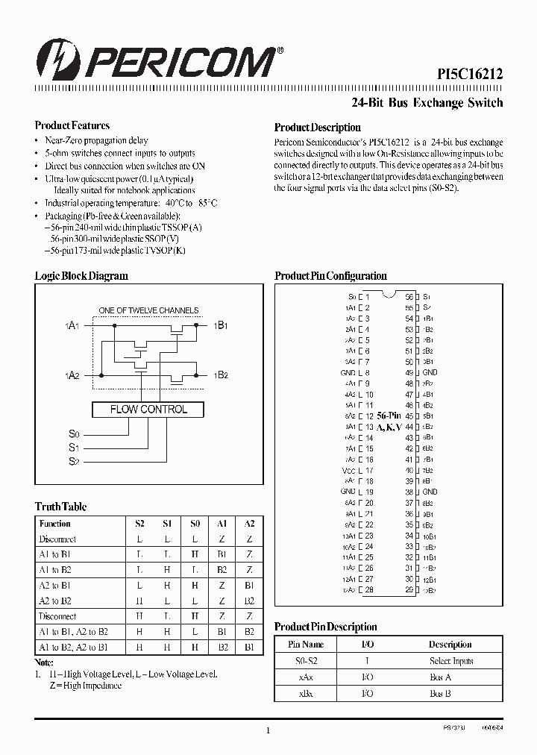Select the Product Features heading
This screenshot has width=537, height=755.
(x=72, y=126)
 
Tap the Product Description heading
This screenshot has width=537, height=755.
(x=318, y=128)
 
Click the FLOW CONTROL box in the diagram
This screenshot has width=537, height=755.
(x=148, y=410)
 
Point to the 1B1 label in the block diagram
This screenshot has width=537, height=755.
(x=221, y=325)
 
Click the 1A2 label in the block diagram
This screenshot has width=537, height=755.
(x=72, y=375)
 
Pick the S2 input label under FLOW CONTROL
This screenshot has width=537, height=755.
(x=73, y=462)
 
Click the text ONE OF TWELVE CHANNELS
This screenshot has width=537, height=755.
(x=149, y=310)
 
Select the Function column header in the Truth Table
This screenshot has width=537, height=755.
(x=55, y=524)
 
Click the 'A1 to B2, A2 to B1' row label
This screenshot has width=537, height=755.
(x=73, y=647)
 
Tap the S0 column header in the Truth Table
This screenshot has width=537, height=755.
(x=194, y=524)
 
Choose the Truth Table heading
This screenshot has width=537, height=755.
(x=61, y=507)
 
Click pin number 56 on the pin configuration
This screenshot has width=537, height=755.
(x=409, y=297)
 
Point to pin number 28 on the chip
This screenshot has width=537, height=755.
(x=369, y=589)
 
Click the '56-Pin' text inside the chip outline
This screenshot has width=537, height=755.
(x=389, y=415)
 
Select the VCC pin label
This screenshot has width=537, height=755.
(x=348, y=470)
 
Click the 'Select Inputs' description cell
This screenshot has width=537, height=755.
(x=450, y=661)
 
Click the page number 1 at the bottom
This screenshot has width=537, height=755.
(x=268, y=730)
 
